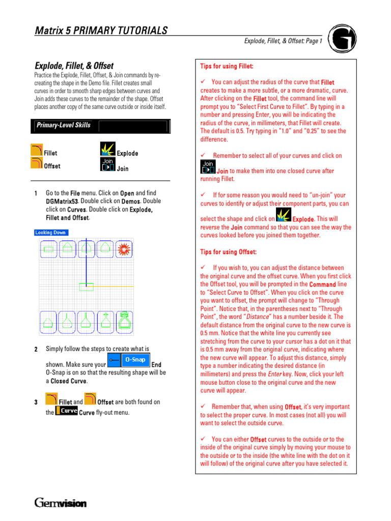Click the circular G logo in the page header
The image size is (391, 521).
342,39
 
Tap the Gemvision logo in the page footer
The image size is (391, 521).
61,503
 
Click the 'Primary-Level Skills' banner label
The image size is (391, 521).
63,125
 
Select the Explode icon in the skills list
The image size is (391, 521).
107,150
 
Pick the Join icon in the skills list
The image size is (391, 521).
107,164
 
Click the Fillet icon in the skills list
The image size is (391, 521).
37,150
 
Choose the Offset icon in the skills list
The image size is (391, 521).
37,163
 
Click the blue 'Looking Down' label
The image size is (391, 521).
51,233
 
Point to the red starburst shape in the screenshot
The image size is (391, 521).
122,248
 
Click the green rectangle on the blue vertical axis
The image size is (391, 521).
86,286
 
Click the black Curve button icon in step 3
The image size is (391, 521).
66,411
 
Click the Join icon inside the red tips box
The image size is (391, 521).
208,167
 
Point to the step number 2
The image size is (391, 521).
36,350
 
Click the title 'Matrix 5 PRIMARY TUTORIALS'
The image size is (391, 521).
101,31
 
